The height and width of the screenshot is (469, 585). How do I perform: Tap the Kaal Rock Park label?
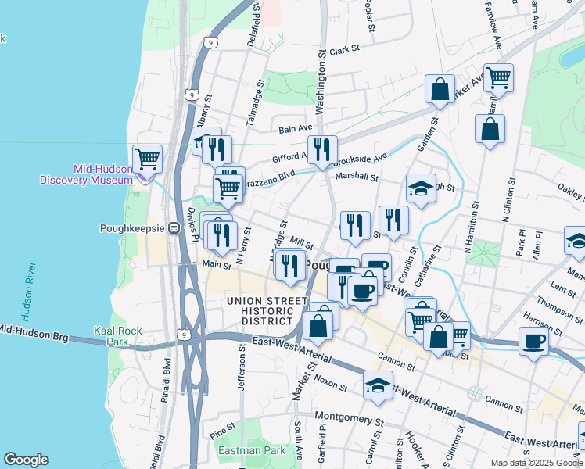pyautogui.click(x=118, y=336)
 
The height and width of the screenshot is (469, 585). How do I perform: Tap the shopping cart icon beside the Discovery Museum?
pyautogui.click(x=147, y=159)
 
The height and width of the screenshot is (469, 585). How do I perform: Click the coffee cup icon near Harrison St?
pyautogui.click(x=533, y=342)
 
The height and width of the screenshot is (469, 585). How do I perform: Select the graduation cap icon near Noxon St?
pyautogui.click(x=379, y=385)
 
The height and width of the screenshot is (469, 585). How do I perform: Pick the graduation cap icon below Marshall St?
pyautogui.click(x=421, y=188)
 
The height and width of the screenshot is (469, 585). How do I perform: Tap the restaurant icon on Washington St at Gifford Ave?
pyautogui.click(x=322, y=149)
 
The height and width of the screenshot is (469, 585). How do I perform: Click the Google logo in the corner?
pyautogui.click(x=27, y=460)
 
